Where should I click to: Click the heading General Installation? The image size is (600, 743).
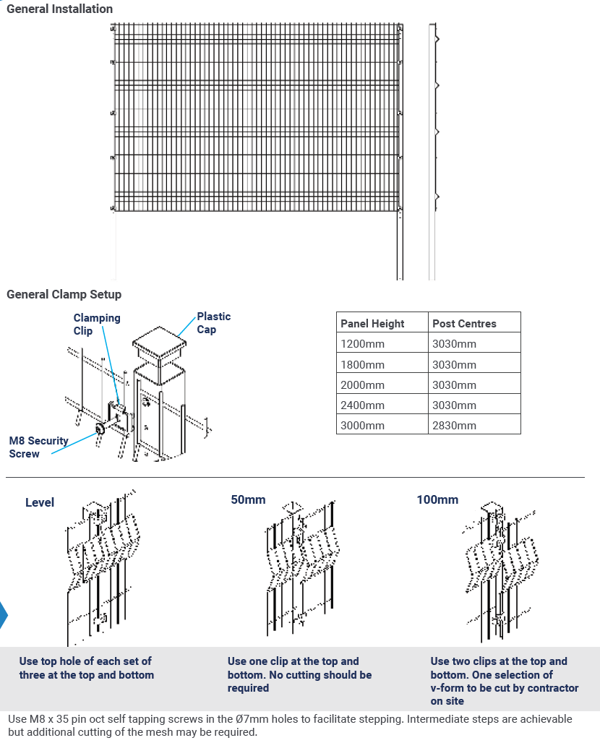(59, 9)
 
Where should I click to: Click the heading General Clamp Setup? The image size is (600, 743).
(64, 294)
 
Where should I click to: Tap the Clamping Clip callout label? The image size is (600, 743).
(96, 324)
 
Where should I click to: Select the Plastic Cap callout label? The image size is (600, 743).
(213, 322)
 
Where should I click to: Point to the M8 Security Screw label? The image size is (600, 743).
(38, 447)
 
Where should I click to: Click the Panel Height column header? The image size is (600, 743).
(372, 324)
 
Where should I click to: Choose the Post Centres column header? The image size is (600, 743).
(464, 324)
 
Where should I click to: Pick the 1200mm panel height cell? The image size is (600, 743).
(362, 344)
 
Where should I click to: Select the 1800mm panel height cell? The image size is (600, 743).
(362, 364)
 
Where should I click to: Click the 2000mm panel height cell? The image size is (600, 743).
(362, 385)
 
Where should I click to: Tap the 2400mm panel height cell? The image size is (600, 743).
(362, 405)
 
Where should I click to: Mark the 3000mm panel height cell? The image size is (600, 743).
(362, 425)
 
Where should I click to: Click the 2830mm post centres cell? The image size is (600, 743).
(454, 425)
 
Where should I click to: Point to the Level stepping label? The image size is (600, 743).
(40, 502)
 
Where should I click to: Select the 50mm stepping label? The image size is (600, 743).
(248, 499)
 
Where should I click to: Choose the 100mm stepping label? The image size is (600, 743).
(437, 499)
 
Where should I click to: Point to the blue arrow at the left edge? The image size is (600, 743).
(3, 614)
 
